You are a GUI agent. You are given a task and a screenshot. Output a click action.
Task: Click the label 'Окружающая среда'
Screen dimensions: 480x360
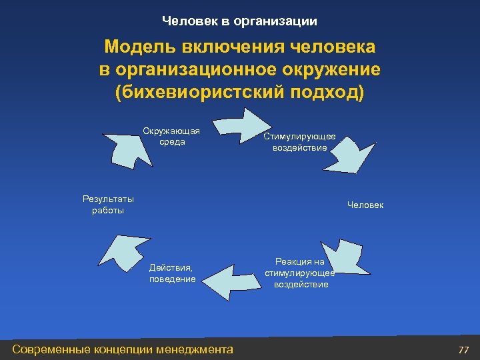coord(171,136)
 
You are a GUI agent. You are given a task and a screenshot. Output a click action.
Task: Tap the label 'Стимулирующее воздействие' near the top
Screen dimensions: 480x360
coord(299,142)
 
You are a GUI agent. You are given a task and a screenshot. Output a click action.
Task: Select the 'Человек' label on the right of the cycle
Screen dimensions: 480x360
coord(365,205)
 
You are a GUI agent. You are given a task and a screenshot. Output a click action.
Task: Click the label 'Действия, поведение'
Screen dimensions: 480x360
coord(172,273)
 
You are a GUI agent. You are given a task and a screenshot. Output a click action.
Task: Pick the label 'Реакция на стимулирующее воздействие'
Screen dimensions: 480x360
coord(299,273)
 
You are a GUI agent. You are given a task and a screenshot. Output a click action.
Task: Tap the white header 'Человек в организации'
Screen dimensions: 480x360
coord(239,21)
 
